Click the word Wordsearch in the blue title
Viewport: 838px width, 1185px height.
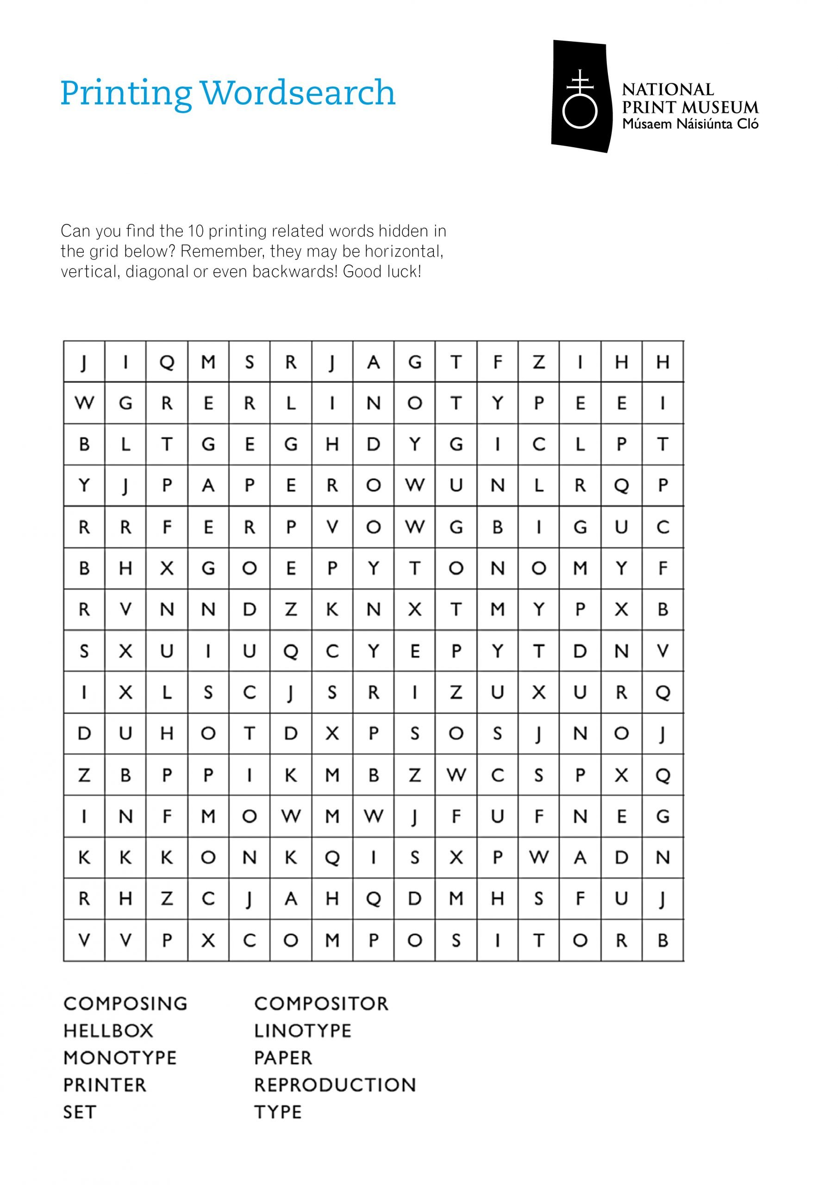click(x=297, y=93)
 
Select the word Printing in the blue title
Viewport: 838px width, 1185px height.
click(x=126, y=94)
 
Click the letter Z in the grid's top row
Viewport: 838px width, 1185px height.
click(x=538, y=362)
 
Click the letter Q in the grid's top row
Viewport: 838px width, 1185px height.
click(x=167, y=362)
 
